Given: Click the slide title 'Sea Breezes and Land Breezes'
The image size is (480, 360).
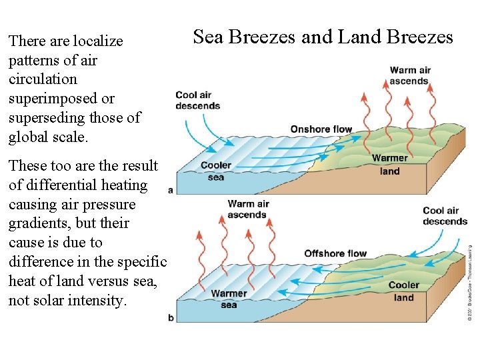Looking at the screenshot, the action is tap(323, 37).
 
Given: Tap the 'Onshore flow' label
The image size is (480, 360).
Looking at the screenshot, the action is tap(321, 129).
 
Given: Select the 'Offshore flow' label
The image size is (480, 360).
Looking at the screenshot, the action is tap(335, 253).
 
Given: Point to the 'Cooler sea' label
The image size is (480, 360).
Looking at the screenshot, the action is tap(216, 171).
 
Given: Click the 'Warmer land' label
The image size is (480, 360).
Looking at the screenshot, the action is tap(390, 164).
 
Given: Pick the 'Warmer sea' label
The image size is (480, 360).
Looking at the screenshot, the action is tap(229, 299).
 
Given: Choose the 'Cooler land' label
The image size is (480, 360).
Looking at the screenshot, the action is tap(404, 291).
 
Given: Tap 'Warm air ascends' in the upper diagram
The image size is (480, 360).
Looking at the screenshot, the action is tap(410, 75).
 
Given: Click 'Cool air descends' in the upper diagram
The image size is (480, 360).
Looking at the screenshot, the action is tap(197, 100).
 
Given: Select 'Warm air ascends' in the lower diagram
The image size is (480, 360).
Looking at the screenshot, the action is tap(247, 209).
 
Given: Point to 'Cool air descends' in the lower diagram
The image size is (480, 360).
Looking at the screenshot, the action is tap(445, 216).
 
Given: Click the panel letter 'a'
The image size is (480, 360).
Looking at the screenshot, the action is tap(171, 190).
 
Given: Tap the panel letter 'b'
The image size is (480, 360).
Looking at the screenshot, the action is tap(171, 318).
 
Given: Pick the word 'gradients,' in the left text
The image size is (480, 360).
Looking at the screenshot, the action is tap(41, 223).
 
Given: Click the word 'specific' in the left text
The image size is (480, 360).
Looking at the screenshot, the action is tap(139, 261).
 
